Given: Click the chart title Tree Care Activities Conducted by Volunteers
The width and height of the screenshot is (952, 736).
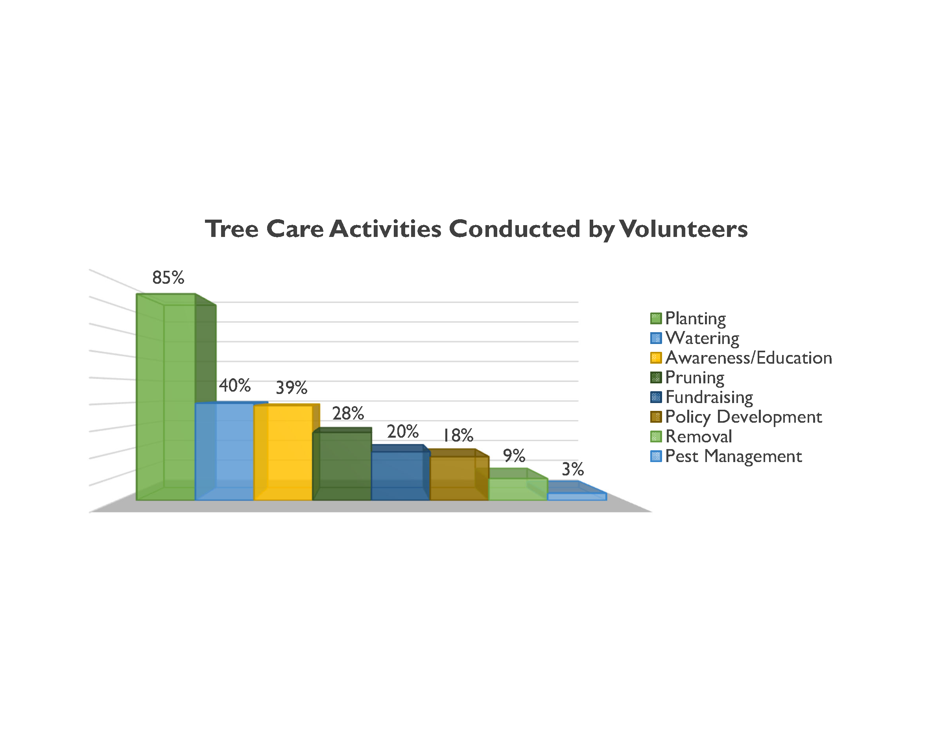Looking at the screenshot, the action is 476,229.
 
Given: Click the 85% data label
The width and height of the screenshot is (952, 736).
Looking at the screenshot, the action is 168,277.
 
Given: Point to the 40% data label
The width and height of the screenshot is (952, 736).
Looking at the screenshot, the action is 235,385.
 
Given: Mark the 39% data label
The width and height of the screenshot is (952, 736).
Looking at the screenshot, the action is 292,387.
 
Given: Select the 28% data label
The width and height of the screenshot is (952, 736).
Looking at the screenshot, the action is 348,413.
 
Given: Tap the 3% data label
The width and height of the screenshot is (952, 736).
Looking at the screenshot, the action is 573,469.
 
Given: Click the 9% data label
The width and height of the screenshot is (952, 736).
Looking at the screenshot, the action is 514,456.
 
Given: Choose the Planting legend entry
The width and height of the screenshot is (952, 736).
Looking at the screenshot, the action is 688,319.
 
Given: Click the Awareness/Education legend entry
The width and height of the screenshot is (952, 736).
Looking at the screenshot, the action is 741,358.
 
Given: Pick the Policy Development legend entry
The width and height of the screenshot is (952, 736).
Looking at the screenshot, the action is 736,417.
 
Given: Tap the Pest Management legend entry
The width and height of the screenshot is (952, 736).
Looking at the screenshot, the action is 726,457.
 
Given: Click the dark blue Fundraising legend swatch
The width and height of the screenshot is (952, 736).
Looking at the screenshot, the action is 656,397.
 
